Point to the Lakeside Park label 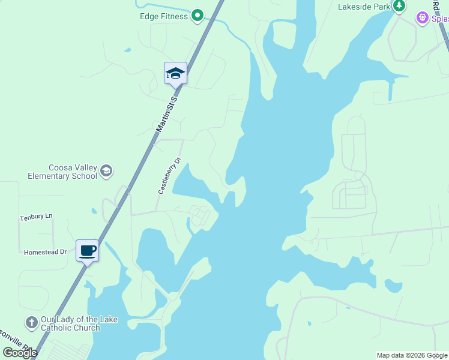[364, 7]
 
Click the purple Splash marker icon [424, 18]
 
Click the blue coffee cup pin [88, 250]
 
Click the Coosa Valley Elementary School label [62, 172]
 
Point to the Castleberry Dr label [169, 175]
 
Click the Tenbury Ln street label [36, 217]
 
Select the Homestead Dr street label [45, 253]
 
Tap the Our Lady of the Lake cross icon [32, 323]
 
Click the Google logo [20, 353]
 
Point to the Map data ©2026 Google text [412, 355]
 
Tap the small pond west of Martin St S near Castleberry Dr [94, 211]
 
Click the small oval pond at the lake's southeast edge [393, 286]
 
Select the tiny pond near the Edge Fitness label [127, 50]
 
